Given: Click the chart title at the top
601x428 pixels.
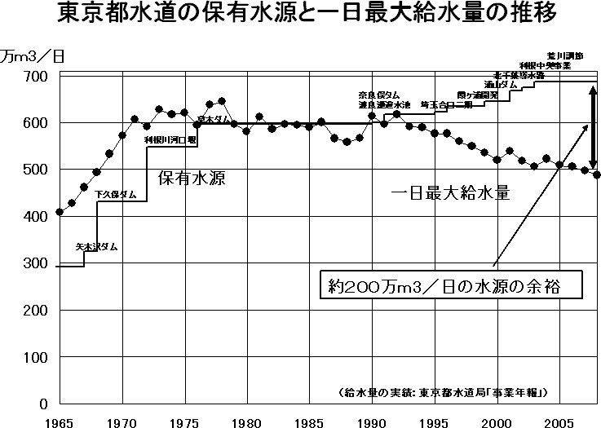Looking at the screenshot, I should tap(300, 15).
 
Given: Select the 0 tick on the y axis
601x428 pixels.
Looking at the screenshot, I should tap(46, 404).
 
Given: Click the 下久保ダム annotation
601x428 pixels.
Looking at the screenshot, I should tap(116, 194).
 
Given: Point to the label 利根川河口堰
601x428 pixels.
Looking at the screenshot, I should tap(170, 140).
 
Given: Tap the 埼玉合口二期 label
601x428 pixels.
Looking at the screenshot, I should tap(446, 104).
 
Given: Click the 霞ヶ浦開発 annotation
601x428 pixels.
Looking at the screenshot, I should tap(477, 95).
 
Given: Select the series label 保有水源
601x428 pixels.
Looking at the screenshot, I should tap(191, 177).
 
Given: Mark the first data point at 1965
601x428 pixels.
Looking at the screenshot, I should tap(60, 212).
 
